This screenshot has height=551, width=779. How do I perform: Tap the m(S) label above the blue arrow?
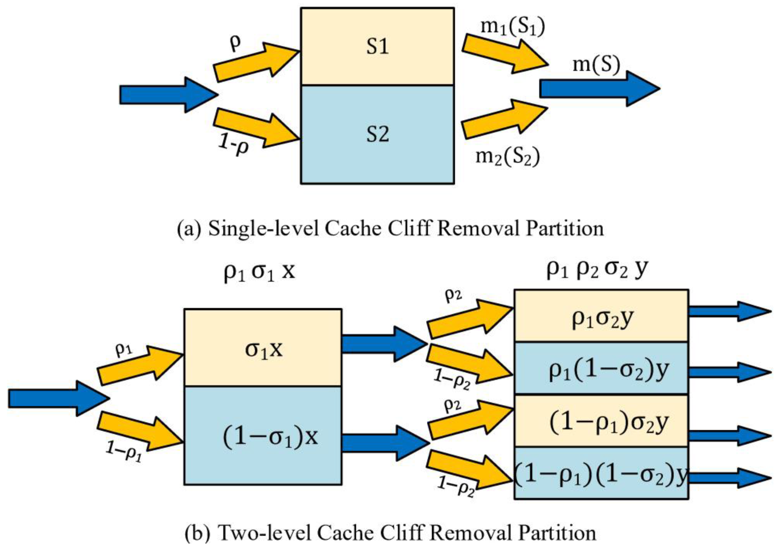pyautogui.click(x=596, y=65)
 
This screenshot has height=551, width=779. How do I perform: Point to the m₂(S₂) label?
pyautogui.click(x=507, y=156)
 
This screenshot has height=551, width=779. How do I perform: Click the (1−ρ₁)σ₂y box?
pyautogui.click(x=601, y=422)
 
